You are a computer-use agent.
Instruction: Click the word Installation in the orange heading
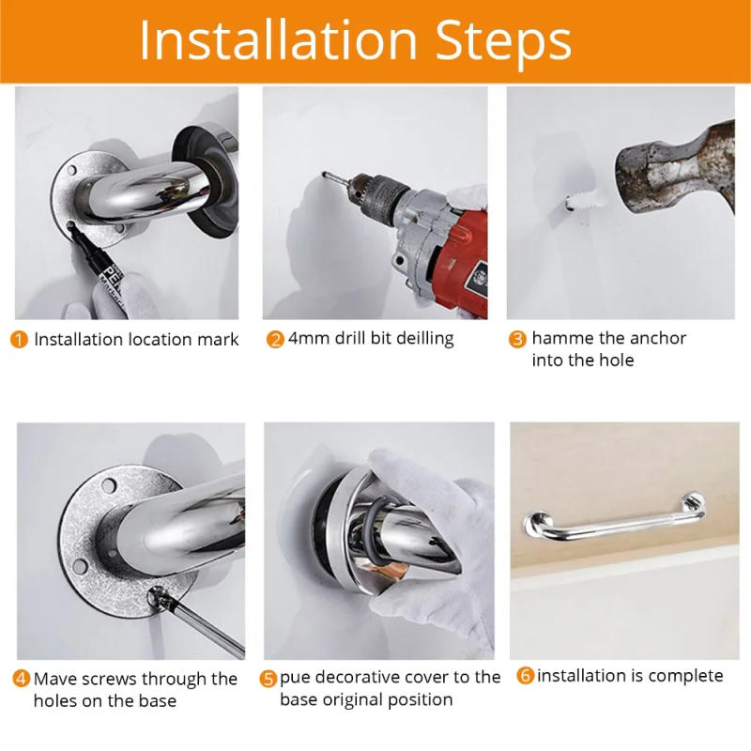click(x=278, y=40)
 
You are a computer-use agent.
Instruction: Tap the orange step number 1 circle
click(x=20, y=340)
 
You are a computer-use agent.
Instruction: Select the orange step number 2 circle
click(x=275, y=340)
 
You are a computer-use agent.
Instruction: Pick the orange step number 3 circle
click(x=517, y=339)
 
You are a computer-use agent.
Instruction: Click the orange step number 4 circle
click(x=21, y=679)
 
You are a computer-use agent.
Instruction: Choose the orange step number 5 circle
click(x=268, y=678)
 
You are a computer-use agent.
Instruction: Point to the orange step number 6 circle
click(x=525, y=676)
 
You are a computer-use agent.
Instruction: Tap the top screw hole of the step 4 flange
click(x=110, y=485)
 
